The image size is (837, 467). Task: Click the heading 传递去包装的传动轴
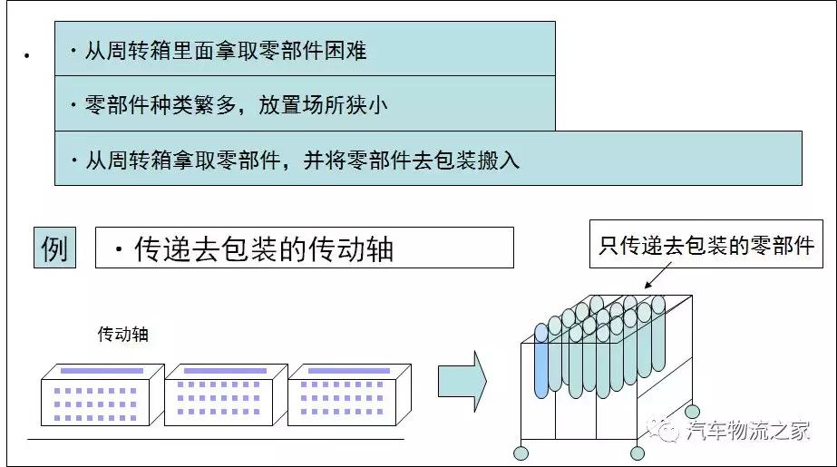point(264,248)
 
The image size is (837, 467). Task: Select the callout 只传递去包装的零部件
point(706,244)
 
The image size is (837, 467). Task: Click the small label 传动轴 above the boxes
point(122,335)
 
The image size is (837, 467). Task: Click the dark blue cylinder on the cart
point(541,361)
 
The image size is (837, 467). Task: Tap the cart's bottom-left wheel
point(521,453)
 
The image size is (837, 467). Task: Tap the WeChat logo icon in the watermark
point(667,429)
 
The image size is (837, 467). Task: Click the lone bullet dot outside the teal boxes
point(26,57)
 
